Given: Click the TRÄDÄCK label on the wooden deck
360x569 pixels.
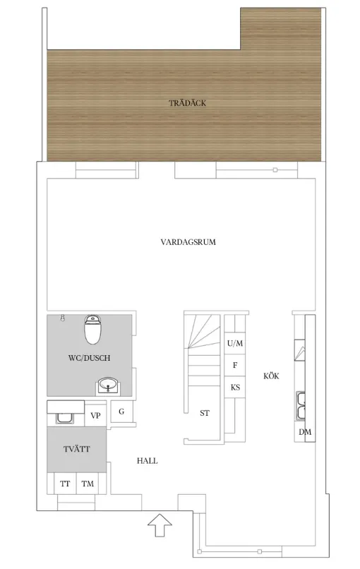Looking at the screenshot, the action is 187,103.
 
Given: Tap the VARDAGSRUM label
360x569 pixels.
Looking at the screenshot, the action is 188,242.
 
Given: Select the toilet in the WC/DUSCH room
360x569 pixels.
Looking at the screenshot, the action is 92,330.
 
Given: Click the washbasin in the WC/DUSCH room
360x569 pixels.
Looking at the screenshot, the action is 108,385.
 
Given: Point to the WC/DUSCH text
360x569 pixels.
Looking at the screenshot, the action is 89,358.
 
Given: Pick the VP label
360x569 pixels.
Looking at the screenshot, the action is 95,416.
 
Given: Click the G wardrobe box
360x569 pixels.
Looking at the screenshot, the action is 121,412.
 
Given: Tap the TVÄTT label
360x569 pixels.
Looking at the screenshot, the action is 76,449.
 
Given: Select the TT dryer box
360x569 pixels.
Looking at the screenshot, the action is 66,484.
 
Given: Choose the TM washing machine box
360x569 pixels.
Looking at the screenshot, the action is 88,484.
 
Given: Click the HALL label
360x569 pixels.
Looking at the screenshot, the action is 148,461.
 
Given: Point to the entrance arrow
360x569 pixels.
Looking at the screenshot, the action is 160,525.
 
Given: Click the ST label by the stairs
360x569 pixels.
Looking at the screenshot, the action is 205,413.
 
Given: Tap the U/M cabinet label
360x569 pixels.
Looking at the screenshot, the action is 235,343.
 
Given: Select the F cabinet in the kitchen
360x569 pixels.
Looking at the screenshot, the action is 235,365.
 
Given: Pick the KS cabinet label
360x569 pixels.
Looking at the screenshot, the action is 235,387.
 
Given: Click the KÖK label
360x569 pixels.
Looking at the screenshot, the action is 272,376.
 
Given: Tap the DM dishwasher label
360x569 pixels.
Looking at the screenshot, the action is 305,432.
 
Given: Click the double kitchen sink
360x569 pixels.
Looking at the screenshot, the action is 301,406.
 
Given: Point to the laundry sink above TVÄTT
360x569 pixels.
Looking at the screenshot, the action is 66,418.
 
